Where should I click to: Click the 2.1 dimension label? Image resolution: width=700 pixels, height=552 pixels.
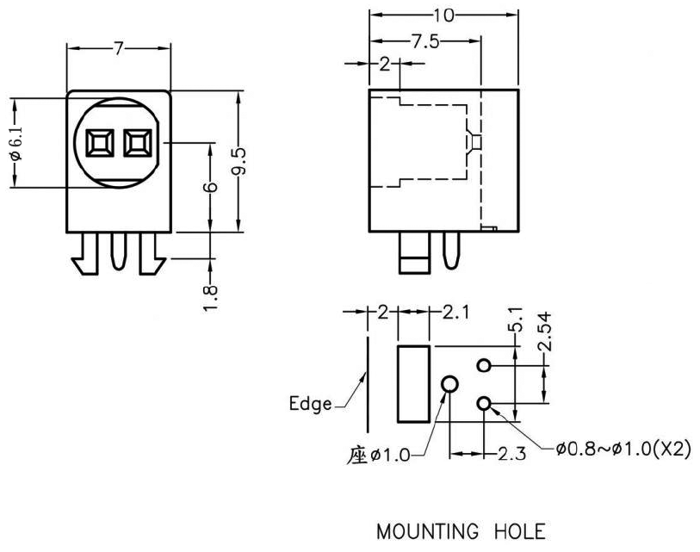(455, 313)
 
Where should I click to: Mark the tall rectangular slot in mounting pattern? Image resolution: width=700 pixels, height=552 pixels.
(412, 383)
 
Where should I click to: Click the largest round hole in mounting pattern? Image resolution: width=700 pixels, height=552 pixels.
(449, 384)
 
